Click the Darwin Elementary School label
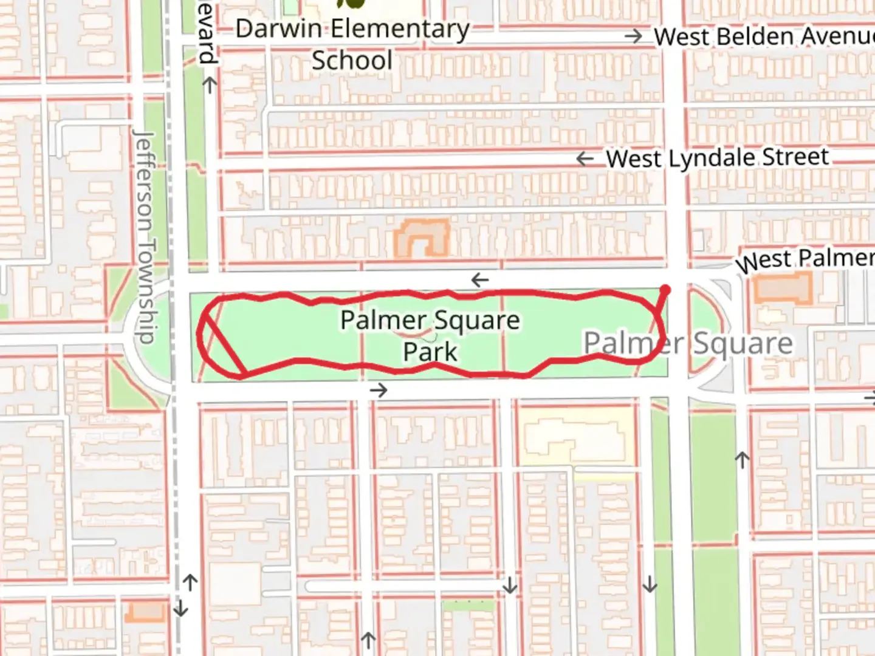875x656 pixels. [352, 44]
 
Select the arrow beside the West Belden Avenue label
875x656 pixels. [633, 36]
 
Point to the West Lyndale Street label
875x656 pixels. [717, 158]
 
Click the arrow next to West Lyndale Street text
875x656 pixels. [585, 159]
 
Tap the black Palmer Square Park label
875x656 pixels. [430, 335]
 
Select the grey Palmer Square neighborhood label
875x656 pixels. [688, 343]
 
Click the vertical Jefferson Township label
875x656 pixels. [145, 237]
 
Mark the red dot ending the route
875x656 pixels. [665, 290]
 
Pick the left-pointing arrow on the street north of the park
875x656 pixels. [480, 280]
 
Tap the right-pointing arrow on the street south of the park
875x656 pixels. [379, 390]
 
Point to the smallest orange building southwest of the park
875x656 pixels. [146, 611]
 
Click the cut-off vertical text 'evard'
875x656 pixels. [207, 39]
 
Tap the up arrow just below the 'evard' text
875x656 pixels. [209, 85]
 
